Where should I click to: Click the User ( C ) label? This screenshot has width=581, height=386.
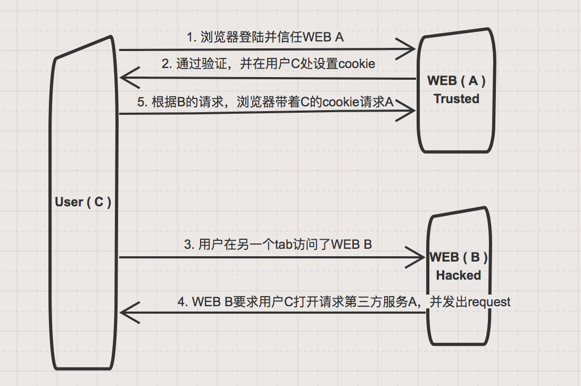click(x=83, y=203)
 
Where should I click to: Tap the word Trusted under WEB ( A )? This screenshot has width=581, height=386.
click(x=456, y=99)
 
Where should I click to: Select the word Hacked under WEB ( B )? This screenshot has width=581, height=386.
click(x=459, y=275)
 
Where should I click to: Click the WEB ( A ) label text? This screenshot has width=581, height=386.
click(x=456, y=81)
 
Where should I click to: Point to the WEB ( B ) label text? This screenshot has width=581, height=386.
click(x=459, y=257)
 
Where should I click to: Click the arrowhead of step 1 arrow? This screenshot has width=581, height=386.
click(x=409, y=50)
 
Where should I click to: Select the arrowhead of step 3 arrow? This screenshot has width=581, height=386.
click(x=419, y=258)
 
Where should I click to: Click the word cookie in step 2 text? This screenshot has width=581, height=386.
click(x=357, y=64)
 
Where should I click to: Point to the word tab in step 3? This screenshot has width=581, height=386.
click(x=283, y=245)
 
